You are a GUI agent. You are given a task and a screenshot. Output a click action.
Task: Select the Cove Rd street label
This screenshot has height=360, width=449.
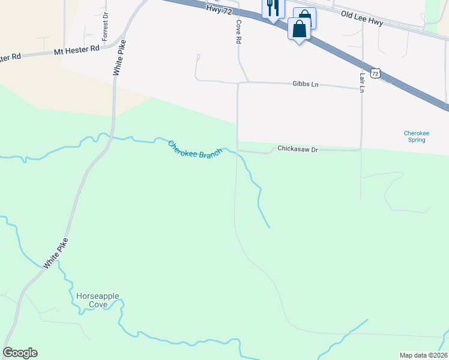[x=238, y=31]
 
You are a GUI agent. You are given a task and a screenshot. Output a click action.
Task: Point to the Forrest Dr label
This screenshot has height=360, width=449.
[x=105, y=27]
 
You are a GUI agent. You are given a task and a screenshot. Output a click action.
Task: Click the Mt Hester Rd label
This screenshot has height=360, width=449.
[x=76, y=49]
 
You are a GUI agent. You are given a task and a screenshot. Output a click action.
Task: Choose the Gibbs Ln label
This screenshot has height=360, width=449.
[x=306, y=85]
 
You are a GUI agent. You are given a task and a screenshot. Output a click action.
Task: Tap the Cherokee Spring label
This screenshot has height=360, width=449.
[x=414, y=136]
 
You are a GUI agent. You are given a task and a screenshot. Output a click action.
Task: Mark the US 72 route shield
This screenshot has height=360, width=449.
[x=376, y=73]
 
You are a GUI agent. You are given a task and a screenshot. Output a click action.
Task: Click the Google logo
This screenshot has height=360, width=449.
[x=20, y=353]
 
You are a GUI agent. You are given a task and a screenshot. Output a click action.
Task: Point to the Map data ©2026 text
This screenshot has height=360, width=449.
[x=423, y=355]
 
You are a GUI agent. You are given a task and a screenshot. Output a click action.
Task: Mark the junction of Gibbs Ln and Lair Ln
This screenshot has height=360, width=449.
[x=363, y=88]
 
